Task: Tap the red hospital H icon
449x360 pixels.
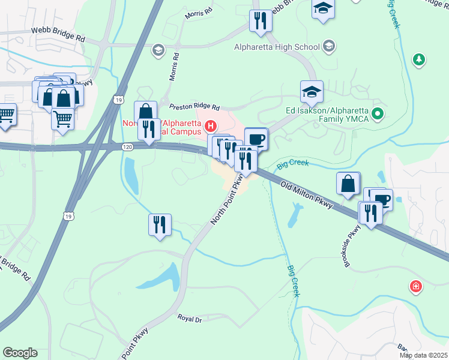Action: coord(211,126)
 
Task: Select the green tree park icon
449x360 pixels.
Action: coord(418,59)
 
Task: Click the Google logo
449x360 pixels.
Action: coord(20,353)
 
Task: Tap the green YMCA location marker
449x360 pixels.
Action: coord(377,113)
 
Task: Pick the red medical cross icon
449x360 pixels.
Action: coord(415,287)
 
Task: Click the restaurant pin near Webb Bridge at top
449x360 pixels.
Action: coord(261,20)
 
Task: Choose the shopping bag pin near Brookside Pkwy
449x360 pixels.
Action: coord(348,184)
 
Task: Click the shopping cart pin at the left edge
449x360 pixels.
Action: coord(6,115)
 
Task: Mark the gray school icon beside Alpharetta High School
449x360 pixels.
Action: coord(329,46)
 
